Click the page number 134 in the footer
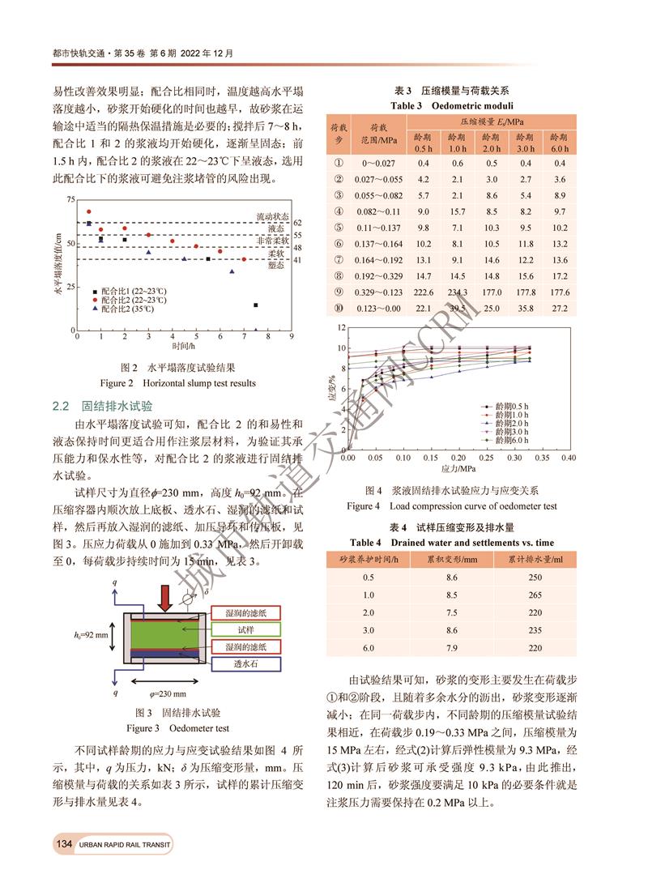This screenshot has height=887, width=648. tap(64, 845)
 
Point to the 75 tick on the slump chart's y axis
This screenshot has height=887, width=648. tap(70, 199)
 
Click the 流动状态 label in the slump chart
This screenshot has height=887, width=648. tap(272, 217)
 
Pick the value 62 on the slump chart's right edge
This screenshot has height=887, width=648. tap(297, 223)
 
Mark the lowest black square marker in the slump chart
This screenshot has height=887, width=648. tap(256, 305)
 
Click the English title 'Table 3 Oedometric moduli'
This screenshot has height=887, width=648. tap(452, 105)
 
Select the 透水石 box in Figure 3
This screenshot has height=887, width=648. tap(245, 663)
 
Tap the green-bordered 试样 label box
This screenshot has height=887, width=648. tap(245, 629)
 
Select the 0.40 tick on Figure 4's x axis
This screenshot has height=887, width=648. tap(569, 458)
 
